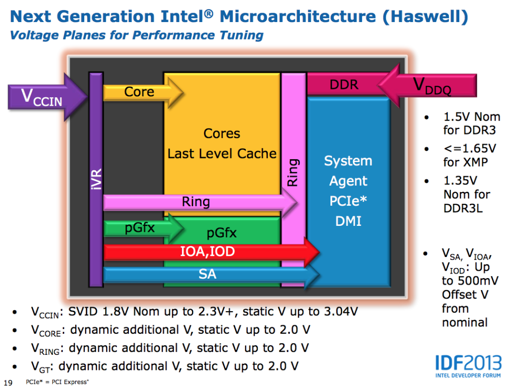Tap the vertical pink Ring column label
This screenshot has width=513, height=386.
[293, 173]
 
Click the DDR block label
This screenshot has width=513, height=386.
[344, 84]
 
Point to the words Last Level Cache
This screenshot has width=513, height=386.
[222, 154]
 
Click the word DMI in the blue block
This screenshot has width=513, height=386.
[348, 220]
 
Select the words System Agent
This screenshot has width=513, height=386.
[348, 171]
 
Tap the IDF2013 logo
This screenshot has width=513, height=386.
[466, 365]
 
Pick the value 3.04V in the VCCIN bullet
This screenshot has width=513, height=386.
[337, 312]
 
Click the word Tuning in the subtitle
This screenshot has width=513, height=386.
[239, 35]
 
